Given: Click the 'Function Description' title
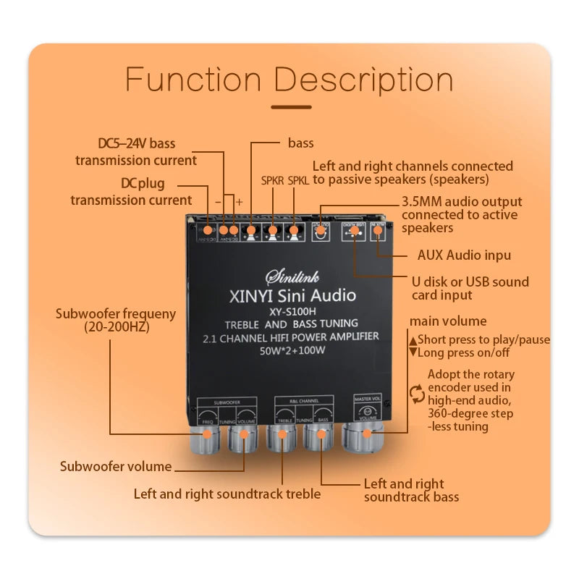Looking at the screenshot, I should [x=289, y=79].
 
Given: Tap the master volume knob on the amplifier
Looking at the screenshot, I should [x=368, y=435].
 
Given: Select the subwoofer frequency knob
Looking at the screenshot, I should [x=207, y=435].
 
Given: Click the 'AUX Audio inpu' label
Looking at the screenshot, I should [x=464, y=255].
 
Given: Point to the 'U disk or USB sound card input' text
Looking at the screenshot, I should [x=470, y=288].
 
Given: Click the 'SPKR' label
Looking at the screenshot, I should [x=272, y=179].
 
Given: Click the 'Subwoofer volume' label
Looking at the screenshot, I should [x=116, y=466].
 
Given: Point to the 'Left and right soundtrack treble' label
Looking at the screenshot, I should [x=227, y=494].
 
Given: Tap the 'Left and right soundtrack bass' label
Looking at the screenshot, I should [x=411, y=490].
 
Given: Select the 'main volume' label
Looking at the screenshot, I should [x=448, y=321].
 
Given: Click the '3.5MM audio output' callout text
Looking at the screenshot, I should [x=461, y=202].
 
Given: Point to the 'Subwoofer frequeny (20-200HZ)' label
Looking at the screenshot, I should [x=116, y=320].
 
